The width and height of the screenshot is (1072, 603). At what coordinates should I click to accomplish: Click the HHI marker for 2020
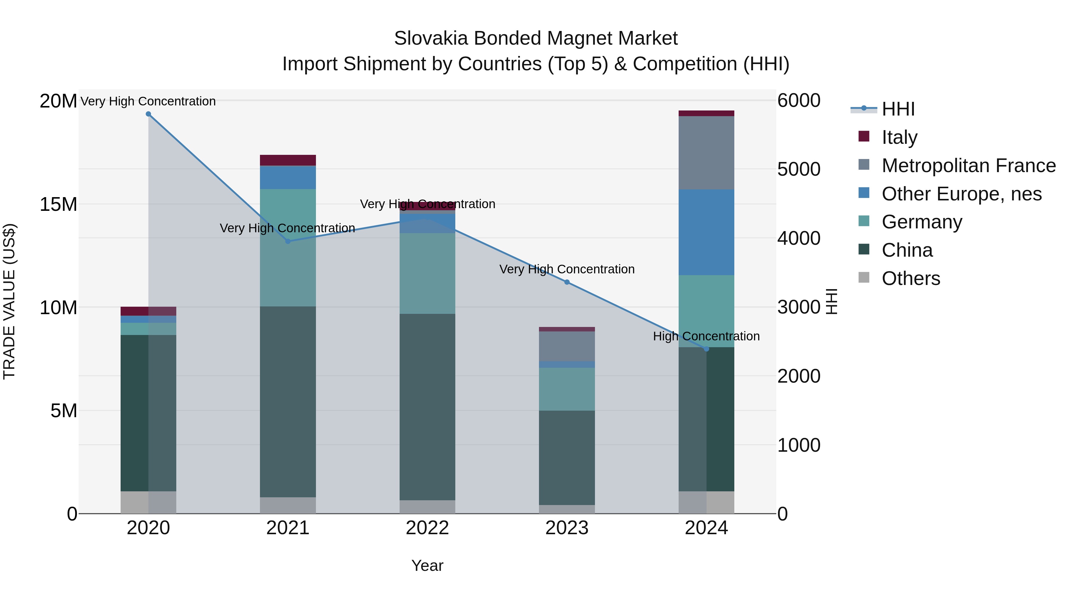point(148,114)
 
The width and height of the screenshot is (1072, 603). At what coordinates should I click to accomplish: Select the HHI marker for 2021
point(288,241)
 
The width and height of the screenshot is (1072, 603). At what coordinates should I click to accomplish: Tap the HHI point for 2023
point(567,282)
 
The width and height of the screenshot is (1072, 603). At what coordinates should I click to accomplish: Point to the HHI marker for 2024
point(706,349)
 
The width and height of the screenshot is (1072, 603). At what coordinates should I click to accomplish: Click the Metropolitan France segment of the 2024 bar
point(706,153)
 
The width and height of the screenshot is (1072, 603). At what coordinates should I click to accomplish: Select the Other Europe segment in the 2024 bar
point(706,232)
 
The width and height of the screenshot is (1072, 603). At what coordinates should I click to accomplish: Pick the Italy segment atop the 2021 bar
point(288,160)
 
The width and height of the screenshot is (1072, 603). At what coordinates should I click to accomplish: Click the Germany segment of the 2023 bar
point(567,389)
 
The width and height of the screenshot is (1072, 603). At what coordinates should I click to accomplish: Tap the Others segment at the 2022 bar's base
point(427,507)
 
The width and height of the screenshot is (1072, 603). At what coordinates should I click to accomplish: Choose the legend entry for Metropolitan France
point(968,166)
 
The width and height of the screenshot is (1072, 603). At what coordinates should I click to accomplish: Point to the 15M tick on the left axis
point(58,204)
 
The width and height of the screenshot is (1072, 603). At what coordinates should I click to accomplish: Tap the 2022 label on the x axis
point(427,528)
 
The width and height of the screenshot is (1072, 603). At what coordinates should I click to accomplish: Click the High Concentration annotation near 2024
point(706,336)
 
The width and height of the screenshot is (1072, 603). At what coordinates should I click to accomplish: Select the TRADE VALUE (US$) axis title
point(10,301)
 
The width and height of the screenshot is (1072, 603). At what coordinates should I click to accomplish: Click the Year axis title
point(427,565)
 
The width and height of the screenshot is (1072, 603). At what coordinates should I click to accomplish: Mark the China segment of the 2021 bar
point(288,402)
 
